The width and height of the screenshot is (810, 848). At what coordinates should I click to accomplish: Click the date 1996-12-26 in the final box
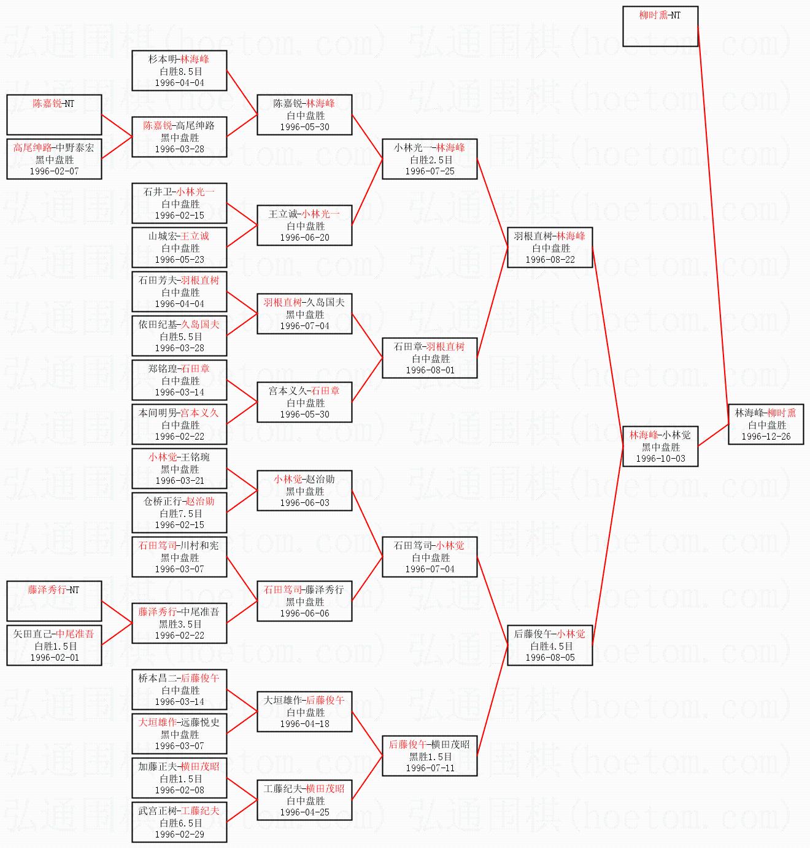coord(766,437)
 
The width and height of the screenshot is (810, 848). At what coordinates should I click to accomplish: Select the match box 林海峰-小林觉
coord(660,446)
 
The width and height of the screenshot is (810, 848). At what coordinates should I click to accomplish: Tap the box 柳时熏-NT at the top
coord(660,26)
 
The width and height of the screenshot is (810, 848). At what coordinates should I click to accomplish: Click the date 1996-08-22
coord(550,260)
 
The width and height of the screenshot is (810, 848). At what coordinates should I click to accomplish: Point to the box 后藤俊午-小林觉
coord(550,645)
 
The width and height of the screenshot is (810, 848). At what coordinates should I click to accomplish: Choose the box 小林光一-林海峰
coord(430,159)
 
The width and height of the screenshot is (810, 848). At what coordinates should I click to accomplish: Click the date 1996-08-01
coord(430,370)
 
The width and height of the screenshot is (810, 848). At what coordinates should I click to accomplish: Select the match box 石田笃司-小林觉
coord(430,557)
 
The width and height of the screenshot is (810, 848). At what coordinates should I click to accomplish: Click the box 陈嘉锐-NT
coord(54,115)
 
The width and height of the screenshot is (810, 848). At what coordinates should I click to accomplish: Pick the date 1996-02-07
coord(54,171)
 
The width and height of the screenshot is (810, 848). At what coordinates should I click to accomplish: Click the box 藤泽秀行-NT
coord(54,601)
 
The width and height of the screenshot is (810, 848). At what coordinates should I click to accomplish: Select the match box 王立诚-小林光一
coord(304,225)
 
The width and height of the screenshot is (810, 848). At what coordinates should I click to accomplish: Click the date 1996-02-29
coord(179,834)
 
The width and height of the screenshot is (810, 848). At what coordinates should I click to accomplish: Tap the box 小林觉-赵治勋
coord(304,491)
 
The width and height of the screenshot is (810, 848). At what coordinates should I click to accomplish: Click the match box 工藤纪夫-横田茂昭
coord(304,800)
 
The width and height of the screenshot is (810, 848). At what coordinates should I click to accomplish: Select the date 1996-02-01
coord(54,658)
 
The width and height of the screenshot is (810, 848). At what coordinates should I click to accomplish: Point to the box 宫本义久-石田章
coord(304,402)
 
